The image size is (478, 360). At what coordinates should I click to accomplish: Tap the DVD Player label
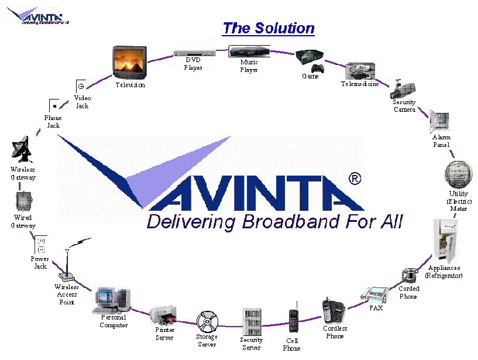[193, 64]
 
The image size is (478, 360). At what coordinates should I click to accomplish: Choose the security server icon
[252, 321]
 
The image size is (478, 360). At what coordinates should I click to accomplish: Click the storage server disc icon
[207, 322]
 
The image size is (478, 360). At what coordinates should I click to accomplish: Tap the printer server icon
[164, 317]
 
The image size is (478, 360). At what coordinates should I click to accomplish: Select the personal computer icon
[112, 301]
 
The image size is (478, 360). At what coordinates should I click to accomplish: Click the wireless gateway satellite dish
[22, 150]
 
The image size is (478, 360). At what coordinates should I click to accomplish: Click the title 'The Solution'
[269, 28]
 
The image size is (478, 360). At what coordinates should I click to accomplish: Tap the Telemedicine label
[360, 84]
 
